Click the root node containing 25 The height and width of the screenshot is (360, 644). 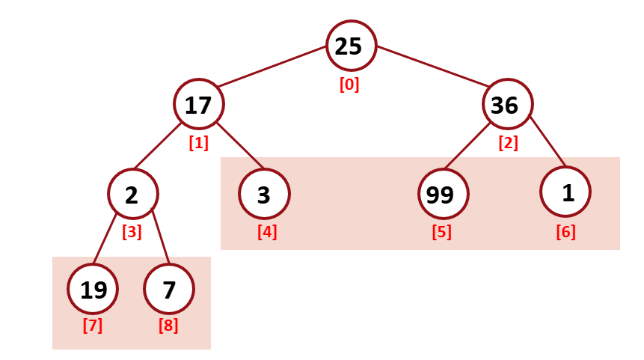point(350,46)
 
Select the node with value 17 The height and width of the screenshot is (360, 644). point(198,105)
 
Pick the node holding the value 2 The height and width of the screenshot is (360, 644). point(132,195)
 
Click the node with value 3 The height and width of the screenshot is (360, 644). point(264,195)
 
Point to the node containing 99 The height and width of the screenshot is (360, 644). point(442,195)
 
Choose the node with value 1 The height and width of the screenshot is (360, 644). point(565,192)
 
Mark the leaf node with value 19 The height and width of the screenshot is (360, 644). point(93,289)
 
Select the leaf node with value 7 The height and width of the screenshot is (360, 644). point(169,289)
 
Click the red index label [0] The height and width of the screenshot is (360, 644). point(349,85)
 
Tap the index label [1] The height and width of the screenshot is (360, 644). point(198,143)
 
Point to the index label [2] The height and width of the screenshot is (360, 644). point(508,143)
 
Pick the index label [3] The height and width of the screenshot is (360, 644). point(132,232)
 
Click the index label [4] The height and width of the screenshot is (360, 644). point(267,232)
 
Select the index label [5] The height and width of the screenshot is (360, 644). point(441,232)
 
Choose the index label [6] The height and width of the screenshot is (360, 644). point(565,232)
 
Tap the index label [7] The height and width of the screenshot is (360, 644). point(92,326)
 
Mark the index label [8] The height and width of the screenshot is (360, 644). point(168,326)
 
